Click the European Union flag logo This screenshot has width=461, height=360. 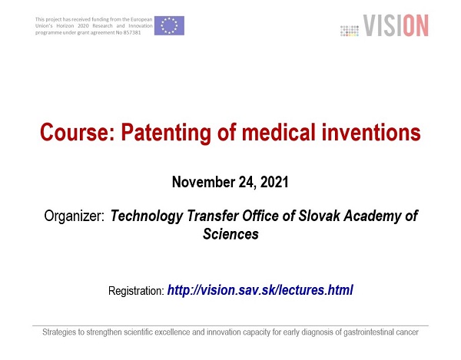(169, 25)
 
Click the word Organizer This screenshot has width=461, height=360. (74, 216)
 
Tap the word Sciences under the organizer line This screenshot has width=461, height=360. (230, 234)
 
